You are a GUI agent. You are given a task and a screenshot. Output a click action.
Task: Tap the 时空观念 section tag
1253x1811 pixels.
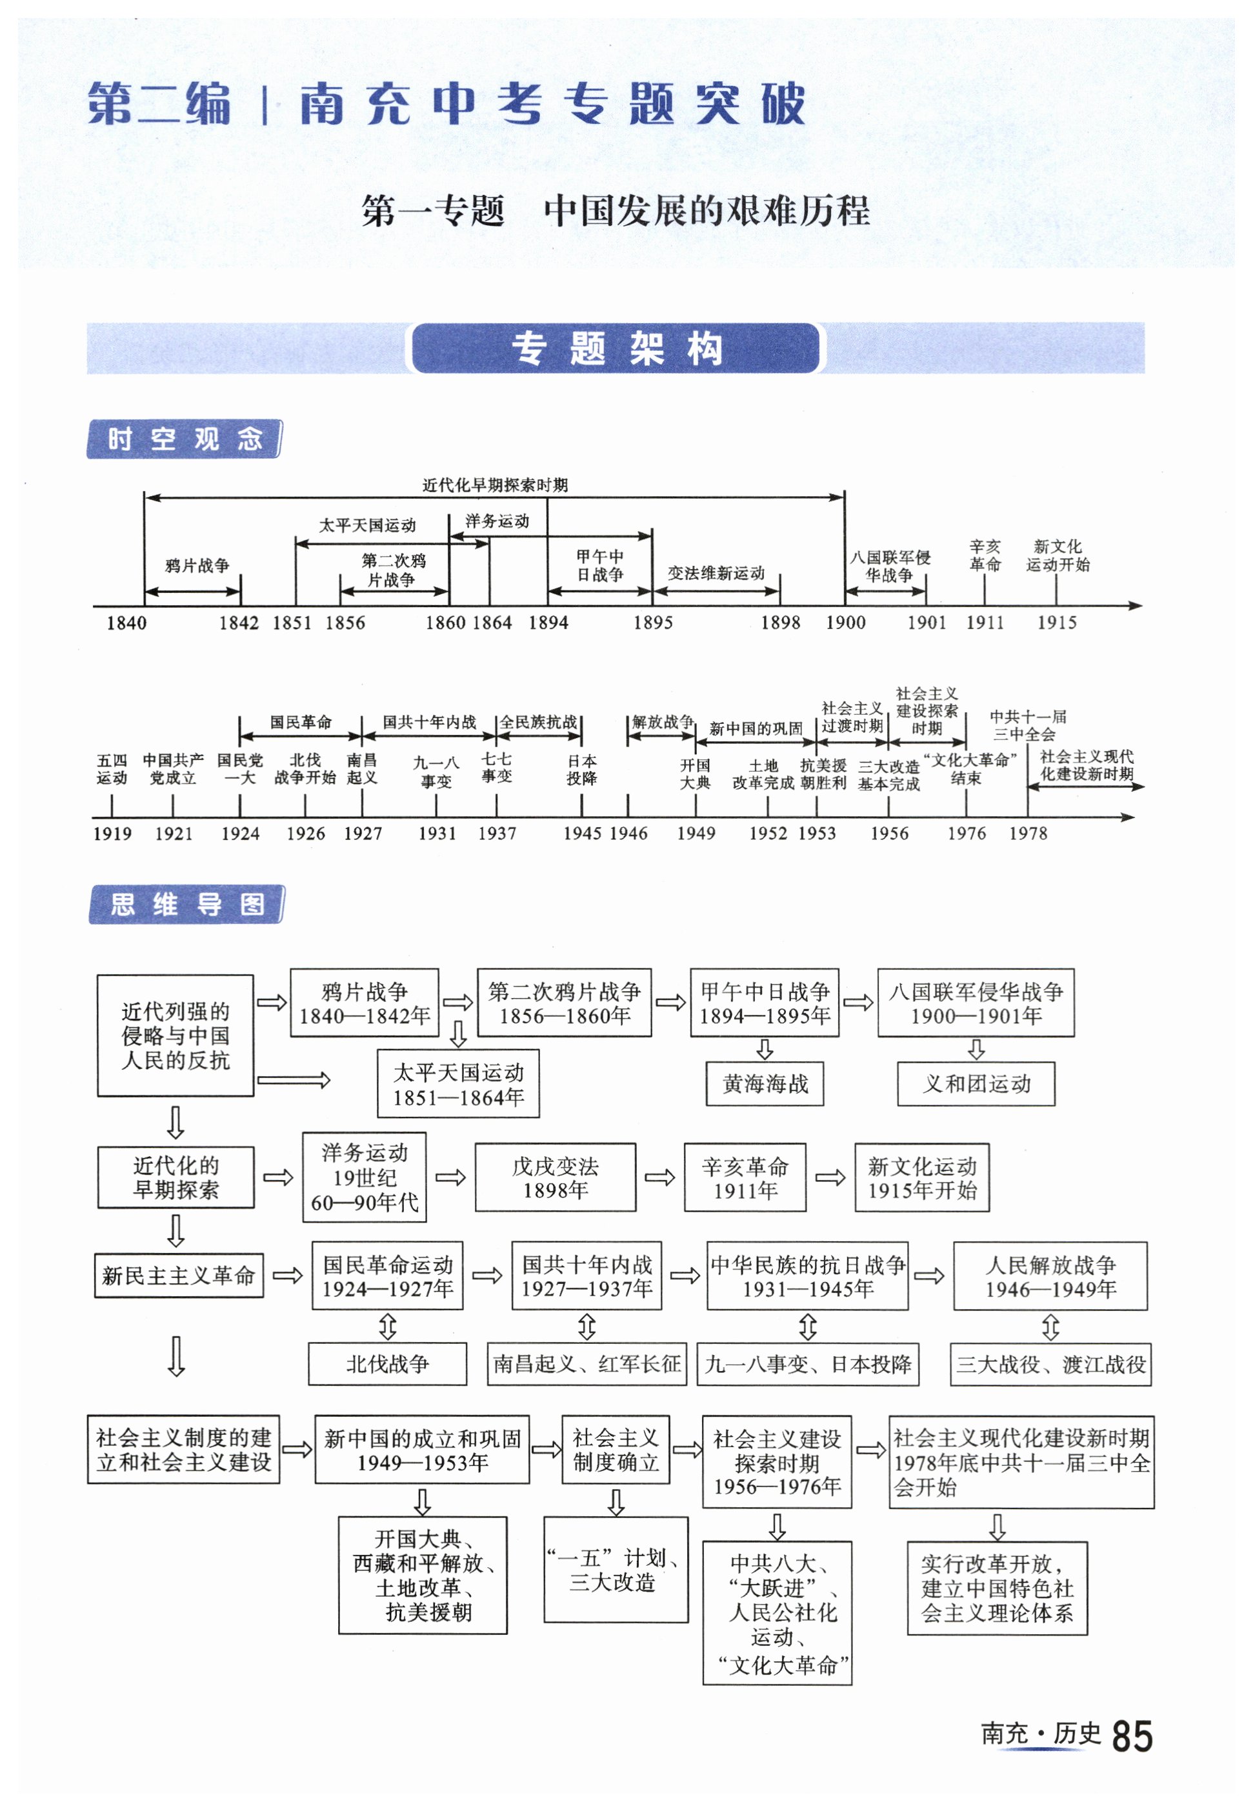pos(184,439)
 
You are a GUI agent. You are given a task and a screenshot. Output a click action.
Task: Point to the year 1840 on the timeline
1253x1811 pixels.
pos(126,623)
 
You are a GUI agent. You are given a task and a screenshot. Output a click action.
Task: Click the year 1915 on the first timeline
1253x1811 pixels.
pos(1057,623)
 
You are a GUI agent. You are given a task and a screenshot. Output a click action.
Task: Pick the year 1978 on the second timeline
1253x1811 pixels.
pos(1028,834)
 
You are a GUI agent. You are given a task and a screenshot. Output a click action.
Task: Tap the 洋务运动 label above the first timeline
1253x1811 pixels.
pos(497,521)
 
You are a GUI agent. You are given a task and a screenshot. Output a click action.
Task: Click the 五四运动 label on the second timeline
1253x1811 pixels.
pos(112,769)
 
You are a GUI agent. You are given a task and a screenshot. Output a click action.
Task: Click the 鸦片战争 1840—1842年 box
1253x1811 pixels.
pos(365,1003)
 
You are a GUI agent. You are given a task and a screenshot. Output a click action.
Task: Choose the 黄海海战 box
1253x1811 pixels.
pos(765,1084)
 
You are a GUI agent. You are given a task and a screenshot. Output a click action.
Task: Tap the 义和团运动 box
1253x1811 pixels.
pos(976,1084)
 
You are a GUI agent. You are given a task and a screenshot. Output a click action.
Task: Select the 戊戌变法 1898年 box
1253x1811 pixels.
pos(555,1177)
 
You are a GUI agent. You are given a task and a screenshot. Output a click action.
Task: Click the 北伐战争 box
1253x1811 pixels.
pos(387,1365)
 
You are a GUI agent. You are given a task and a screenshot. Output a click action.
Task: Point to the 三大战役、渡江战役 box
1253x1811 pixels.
pos(1050,1365)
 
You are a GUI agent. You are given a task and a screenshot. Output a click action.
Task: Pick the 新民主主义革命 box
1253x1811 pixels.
pos(178,1276)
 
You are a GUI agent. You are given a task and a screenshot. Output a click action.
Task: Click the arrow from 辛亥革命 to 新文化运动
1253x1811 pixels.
pos(830,1177)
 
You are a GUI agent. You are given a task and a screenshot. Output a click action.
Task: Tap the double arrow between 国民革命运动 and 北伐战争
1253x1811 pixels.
pos(387,1327)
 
